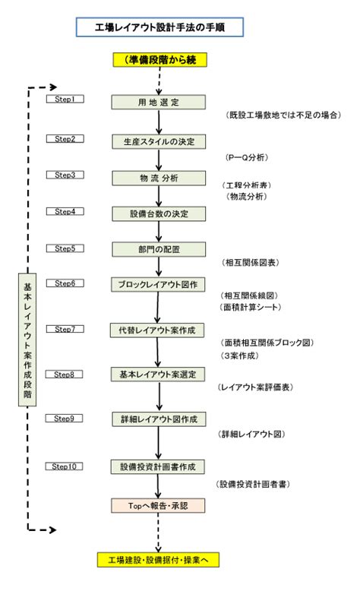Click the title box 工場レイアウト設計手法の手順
[x=159, y=27]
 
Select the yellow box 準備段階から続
[x=160, y=60]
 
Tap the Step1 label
[x=65, y=99]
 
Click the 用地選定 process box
[x=159, y=103]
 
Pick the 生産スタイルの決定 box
[x=159, y=142]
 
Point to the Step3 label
[x=65, y=175]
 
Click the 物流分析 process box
[x=159, y=178]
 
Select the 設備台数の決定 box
[x=159, y=213]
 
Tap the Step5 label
[x=65, y=248]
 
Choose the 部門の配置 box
[x=159, y=250]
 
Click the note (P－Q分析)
[x=247, y=157]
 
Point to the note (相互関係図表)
[x=251, y=263]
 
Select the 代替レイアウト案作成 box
[x=157, y=330]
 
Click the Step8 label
[x=64, y=374]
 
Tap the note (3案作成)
[x=239, y=355]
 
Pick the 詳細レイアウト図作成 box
[x=159, y=419]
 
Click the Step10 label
[x=64, y=466]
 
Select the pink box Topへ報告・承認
[x=158, y=506]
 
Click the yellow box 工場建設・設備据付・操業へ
[x=159, y=560]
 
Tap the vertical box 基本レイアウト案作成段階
[x=27, y=340]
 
